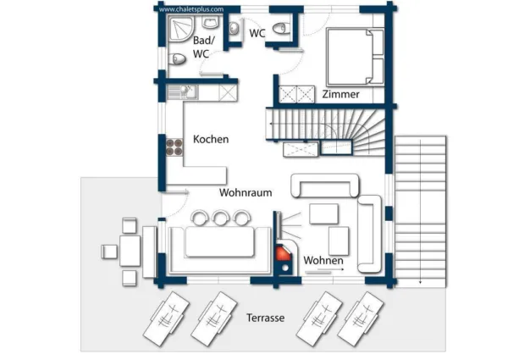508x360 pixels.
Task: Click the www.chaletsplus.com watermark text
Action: (190, 9)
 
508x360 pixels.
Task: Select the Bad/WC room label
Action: (203, 47)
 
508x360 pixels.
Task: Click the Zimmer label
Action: (340, 94)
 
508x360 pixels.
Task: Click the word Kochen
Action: (211, 139)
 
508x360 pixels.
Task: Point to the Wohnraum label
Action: (246, 192)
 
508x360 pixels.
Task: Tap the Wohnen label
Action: (323, 260)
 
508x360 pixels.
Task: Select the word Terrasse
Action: (265, 318)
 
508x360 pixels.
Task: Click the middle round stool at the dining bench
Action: (222, 218)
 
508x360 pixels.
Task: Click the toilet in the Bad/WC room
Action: (178, 59)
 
